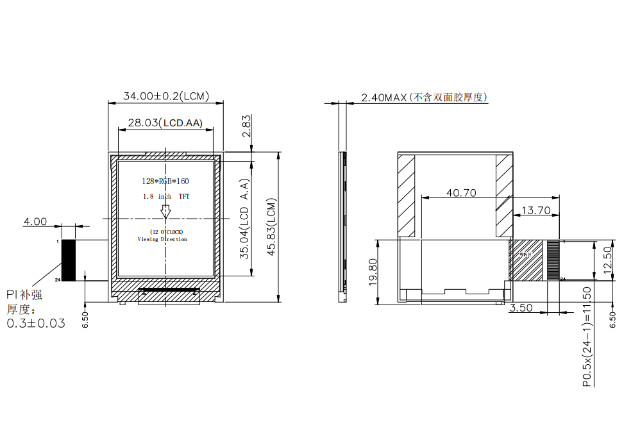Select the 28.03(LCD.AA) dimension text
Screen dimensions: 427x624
click(x=165, y=123)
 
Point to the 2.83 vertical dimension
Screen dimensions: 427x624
click(x=246, y=126)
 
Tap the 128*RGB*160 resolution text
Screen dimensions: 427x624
click(x=165, y=181)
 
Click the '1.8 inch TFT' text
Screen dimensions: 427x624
click(x=166, y=197)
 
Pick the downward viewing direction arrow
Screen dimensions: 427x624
click(x=166, y=212)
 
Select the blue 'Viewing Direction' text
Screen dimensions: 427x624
click(x=162, y=239)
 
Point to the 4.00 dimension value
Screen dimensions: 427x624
click(x=35, y=222)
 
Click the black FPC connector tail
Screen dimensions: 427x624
click(x=69, y=260)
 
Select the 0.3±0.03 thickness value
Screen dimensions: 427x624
click(x=36, y=323)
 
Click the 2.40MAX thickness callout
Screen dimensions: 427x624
click(x=424, y=97)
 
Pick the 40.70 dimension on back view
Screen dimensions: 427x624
click(x=461, y=192)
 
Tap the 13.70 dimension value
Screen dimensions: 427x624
click(x=536, y=210)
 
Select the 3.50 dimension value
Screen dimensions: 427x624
click(x=521, y=308)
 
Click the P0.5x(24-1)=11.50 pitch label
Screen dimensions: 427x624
click(x=587, y=337)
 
